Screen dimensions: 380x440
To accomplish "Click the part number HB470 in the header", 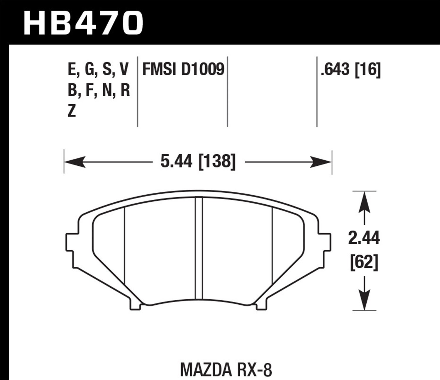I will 83,22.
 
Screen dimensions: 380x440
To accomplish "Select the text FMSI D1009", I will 183,70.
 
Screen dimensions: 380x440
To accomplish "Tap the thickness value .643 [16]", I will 351,70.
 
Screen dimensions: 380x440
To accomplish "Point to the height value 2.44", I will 364,238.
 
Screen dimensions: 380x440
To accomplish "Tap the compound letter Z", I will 72,111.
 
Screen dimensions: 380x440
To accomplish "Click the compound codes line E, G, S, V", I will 98,70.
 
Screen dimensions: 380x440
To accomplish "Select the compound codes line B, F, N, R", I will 98,91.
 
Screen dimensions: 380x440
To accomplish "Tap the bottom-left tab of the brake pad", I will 135,305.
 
